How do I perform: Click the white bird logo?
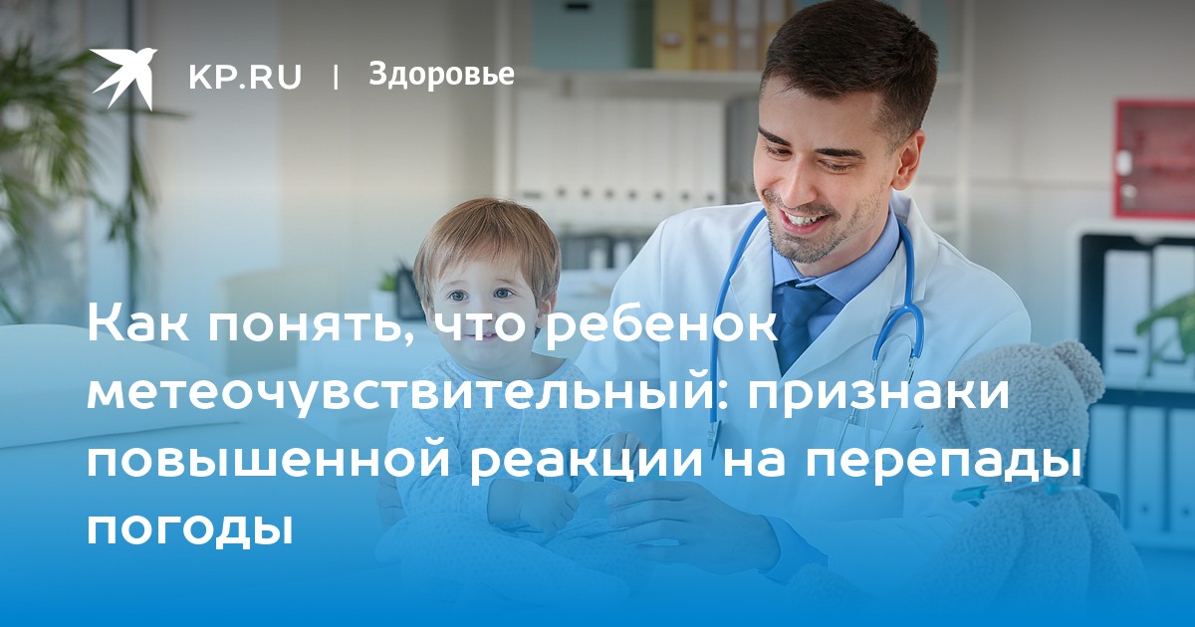pos(123,79)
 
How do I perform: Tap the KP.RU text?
pos(245,77)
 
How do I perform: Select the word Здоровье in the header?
pos(441,75)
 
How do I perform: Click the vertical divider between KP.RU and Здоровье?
pos(336,78)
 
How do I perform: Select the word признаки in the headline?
pos(877,396)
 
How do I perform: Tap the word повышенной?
pos(269,461)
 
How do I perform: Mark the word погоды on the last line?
pos(190,526)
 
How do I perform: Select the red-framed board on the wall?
pos(1154,159)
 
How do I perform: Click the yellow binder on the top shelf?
pos(673,35)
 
